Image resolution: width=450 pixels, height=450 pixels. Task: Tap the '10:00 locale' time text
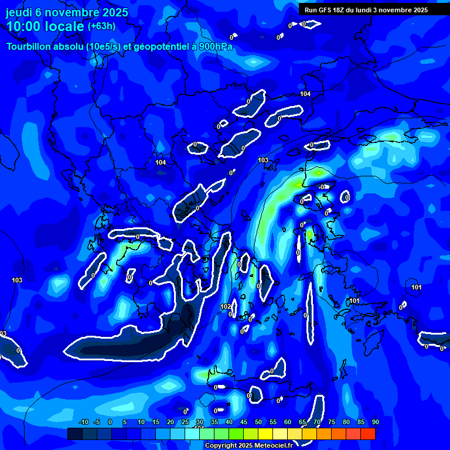pos(45,26)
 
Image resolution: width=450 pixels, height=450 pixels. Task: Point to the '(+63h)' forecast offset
pos(101,26)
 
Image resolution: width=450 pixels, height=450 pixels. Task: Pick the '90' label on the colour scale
pos(375,422)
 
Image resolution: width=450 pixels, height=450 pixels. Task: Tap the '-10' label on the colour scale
pos(83,422)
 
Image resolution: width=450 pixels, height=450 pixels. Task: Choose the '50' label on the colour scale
pos(258,422)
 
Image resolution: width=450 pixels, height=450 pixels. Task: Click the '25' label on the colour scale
pos(185,422)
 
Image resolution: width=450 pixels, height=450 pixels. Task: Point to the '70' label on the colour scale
pos(316,422)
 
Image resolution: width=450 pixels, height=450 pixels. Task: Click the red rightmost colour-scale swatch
pos(368,434)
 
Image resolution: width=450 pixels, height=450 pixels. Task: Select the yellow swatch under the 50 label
pos(265,434)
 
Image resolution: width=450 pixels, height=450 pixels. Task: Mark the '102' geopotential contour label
pos(226,306)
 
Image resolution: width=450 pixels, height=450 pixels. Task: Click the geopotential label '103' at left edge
pos(17,280)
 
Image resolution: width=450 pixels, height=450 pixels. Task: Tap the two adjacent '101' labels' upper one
pos(417,287)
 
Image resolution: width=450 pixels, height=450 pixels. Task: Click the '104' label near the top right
pos(305,94)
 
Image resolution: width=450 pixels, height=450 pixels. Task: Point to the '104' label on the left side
pos(161,162)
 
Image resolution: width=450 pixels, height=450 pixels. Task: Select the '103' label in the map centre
pos(263,160)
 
